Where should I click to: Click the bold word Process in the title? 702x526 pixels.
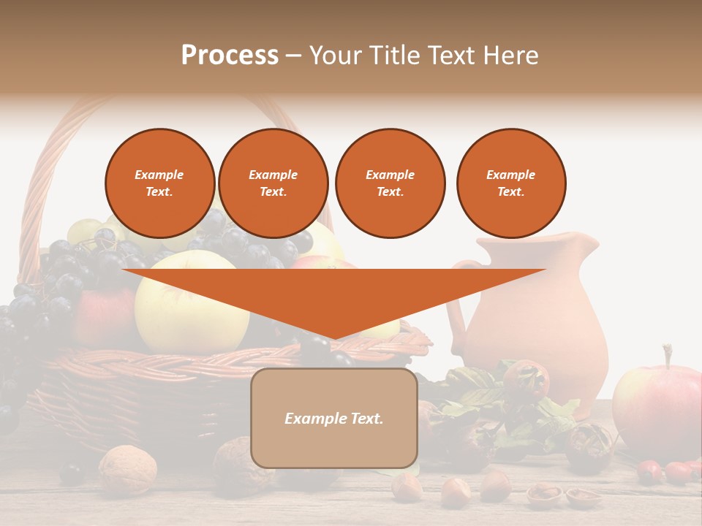230,56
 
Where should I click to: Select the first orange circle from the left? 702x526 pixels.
160,183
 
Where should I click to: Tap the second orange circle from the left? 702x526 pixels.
273,183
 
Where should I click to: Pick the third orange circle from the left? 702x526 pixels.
390,183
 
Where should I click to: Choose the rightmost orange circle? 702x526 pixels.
511,183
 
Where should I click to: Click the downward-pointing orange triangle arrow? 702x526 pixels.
333,296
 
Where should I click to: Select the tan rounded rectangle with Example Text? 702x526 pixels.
334,418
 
